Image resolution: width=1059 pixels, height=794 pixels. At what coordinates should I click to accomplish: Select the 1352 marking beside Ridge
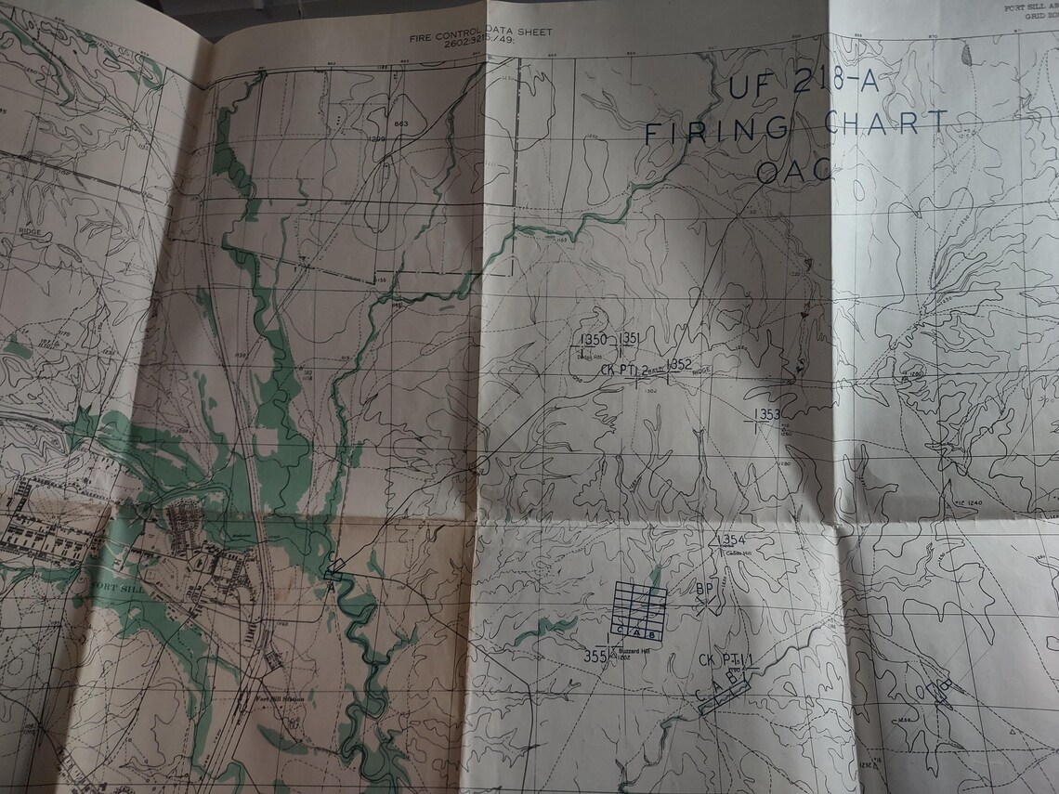click(x=679, y=363)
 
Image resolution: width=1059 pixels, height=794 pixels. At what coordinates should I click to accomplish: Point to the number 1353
click(x=767, y=414)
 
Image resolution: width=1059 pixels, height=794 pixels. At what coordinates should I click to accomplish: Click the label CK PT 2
click(x=624, y=369)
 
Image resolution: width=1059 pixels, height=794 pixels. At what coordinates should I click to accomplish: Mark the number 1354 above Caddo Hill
click(x=733, y=540)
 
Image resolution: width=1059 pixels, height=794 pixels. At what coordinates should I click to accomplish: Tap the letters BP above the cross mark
click(x=705, y=589)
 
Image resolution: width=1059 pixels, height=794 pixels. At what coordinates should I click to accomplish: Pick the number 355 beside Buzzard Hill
click(x=595, y=657)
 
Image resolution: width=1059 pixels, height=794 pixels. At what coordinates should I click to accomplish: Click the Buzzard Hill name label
click(x=634, y=652)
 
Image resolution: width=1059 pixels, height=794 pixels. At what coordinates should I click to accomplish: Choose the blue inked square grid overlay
click(x=640, y=610)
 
